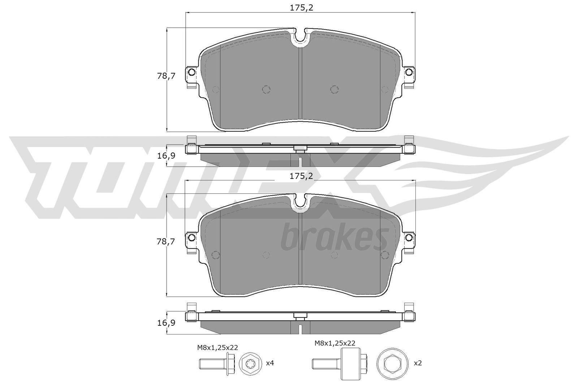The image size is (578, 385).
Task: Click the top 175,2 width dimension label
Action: coord(301,7)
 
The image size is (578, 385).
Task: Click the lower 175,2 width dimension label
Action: coord(301,176)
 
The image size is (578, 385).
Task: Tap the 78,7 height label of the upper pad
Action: coord(166,76)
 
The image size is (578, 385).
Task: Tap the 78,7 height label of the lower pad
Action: coord(166,242)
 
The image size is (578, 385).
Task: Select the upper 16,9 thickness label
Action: coord(166,156)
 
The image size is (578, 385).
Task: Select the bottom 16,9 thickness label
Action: coord(166,323)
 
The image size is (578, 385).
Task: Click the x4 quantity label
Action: coord(270,363)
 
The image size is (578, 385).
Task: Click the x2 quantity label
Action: coord(417,363)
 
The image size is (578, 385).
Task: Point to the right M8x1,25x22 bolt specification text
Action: coord(335,343)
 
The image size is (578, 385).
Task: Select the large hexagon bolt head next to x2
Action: coord(391,363)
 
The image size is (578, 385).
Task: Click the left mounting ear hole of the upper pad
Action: coord(192,73)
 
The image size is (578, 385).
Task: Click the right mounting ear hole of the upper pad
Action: coord(409,73)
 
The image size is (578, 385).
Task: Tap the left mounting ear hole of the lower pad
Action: coord(192,238)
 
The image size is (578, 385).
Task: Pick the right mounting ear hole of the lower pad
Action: coord(409,238)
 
